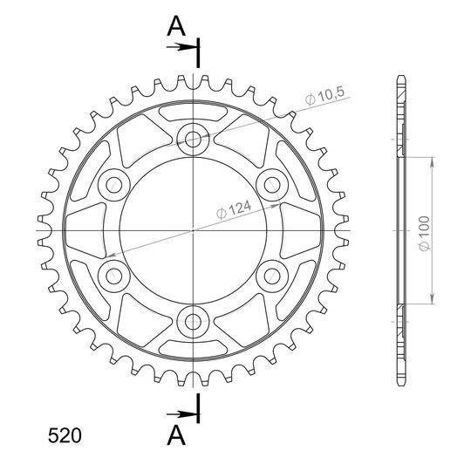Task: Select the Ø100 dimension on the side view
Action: tap(425, 233)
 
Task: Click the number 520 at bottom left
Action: tap(65, 435)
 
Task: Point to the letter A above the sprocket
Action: tap(176, 26)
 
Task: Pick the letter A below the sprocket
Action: tap(176, 435)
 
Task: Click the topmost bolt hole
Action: tap(193, 139)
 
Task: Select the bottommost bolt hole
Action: tap(193, 322)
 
